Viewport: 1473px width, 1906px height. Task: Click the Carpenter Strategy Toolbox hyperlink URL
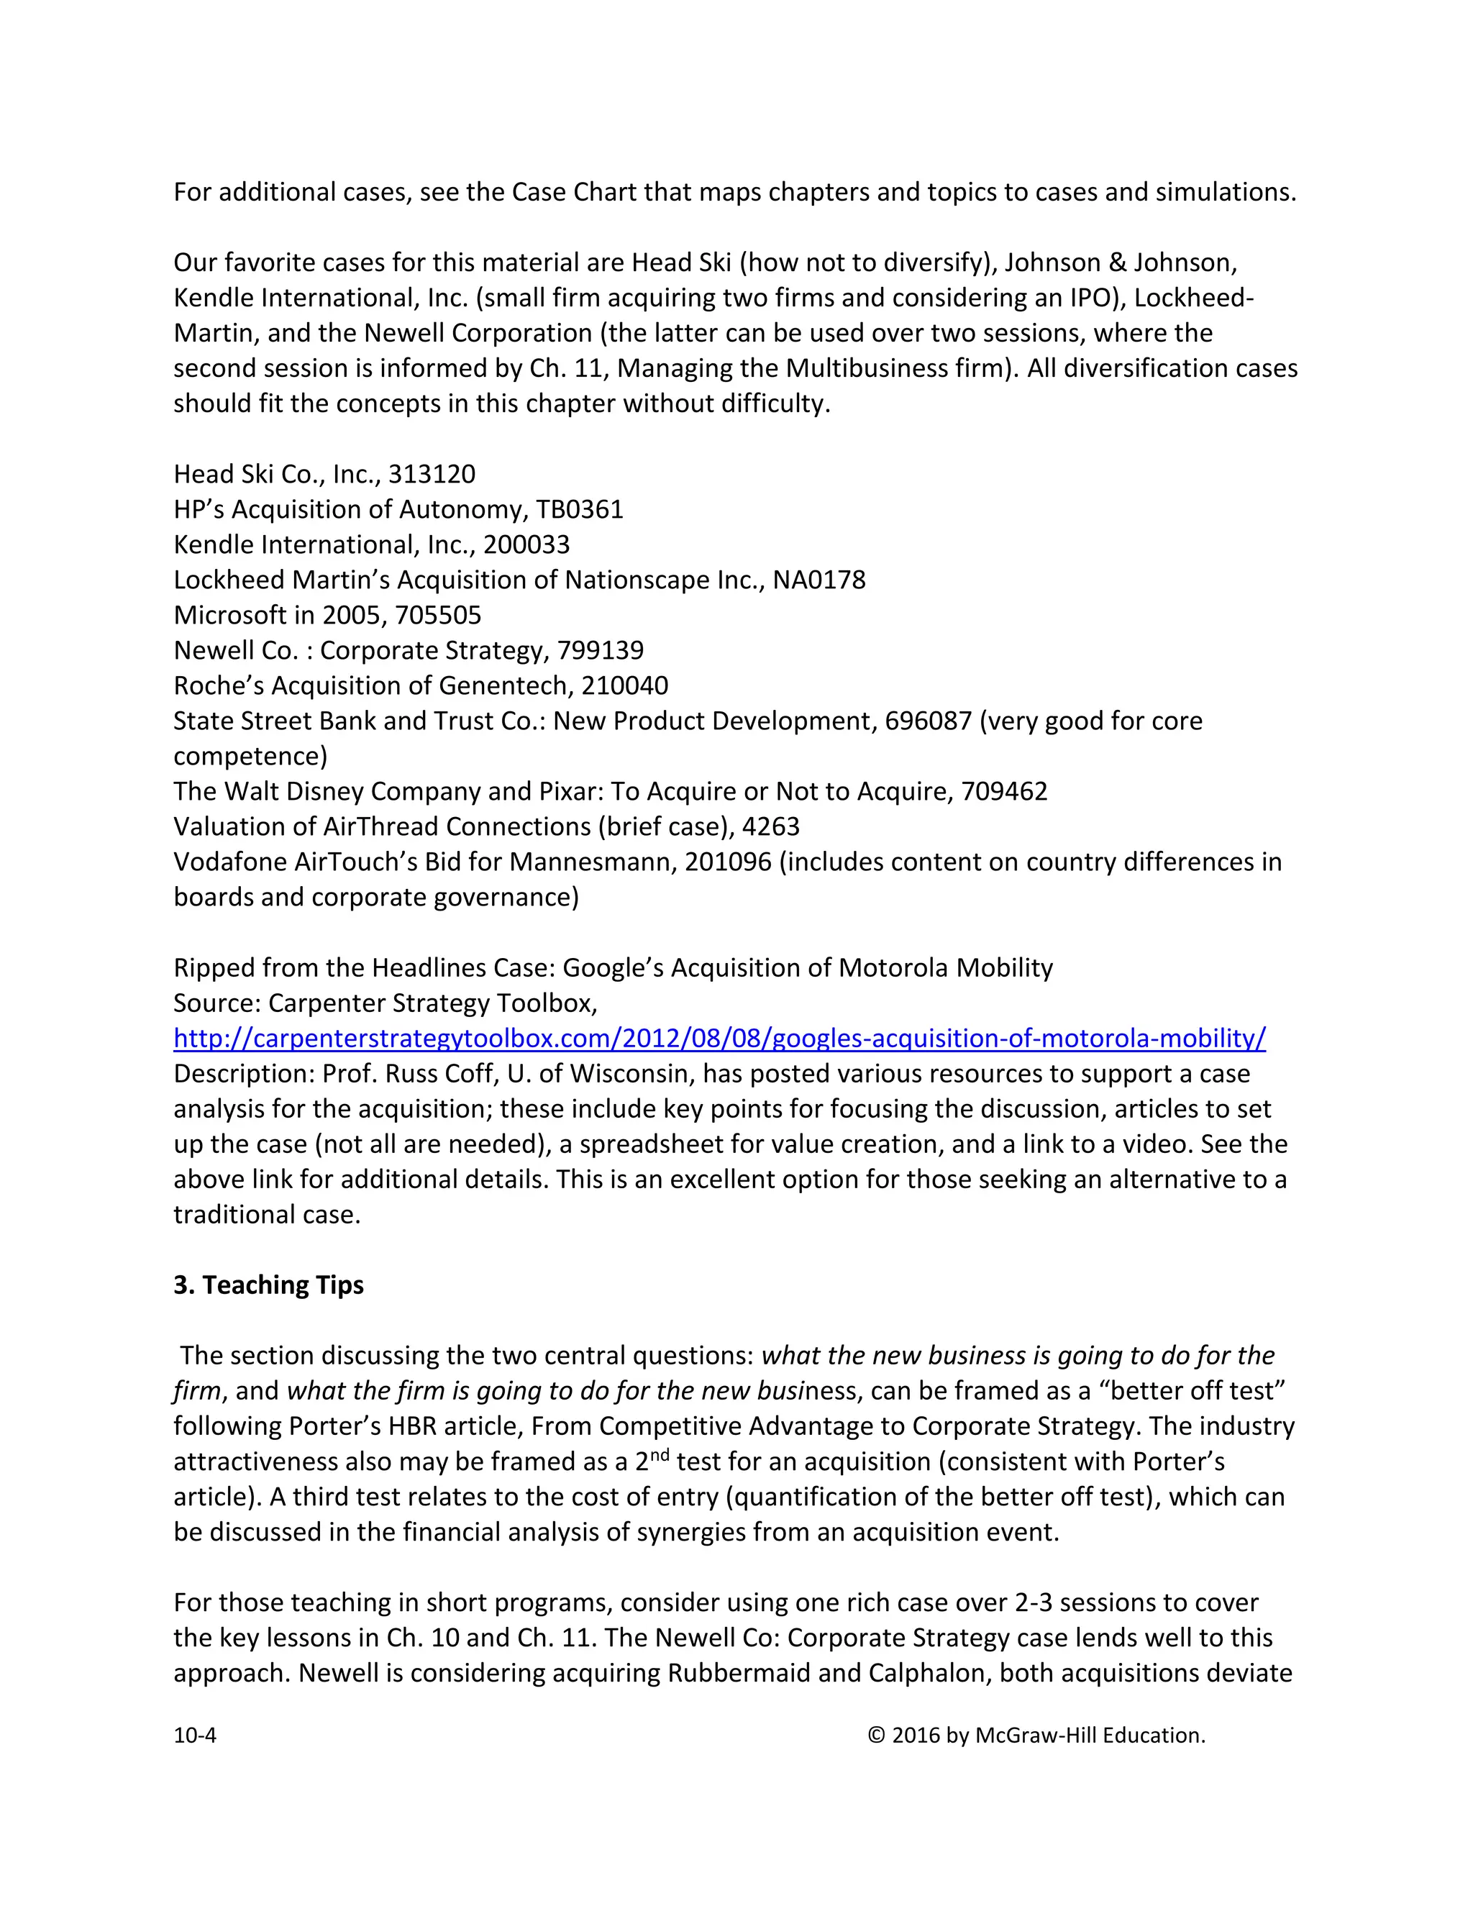click(x=719, y=1039)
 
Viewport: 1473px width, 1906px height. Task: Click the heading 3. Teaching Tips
click(x=269, y=1285)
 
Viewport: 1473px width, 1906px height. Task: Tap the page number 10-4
click(x=195, y=1735)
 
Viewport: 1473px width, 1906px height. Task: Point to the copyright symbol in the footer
click(x=876, y=1735)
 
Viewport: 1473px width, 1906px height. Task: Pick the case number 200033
click(x=526, y=544)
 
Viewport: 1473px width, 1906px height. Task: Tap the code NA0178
click(x=818, y=580)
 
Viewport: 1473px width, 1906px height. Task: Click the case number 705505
click(x=438, y=615)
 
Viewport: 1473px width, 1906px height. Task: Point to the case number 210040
click(x=625, y=686)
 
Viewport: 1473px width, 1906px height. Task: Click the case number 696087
click(x=928, y=721)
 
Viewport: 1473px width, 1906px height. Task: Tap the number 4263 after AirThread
click(x=770, y=826)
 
